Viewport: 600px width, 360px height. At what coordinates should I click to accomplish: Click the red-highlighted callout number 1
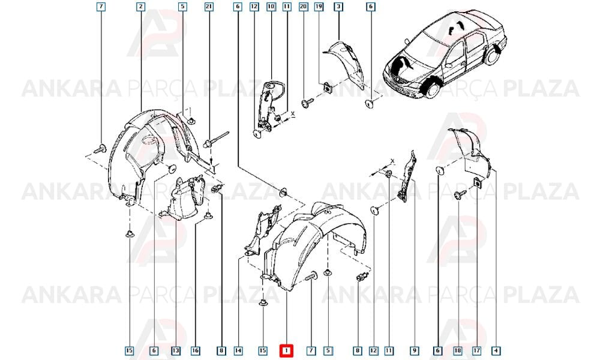(x=286, y=350)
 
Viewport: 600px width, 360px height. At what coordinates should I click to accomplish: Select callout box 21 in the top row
(x=209, y=7)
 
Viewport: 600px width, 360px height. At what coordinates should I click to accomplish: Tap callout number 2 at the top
(x=141, y=7)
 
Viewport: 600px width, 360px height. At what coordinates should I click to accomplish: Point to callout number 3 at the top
(x=338, y=7)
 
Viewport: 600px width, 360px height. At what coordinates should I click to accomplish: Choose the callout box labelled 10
(x=271, y=7)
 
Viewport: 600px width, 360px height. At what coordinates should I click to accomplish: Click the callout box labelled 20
(x=304, y=7)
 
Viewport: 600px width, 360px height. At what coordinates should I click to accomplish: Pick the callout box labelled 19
(x=319, y=7)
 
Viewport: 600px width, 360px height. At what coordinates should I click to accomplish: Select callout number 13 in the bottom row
(x=176, y=350)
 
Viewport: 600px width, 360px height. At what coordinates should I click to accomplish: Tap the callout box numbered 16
(x=195, y=350)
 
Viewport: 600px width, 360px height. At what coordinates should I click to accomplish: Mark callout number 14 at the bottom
(x=238, y=350)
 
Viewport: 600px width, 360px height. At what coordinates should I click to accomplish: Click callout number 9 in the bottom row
(x=414, y=350)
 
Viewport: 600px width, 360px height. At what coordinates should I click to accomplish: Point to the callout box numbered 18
(x=458, y=350)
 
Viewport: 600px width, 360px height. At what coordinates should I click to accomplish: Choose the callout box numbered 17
(x=477, y=350)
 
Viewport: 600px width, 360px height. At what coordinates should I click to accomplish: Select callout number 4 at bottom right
(x=496, y=350)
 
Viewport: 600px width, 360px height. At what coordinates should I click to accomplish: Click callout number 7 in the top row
(x=101, y=7)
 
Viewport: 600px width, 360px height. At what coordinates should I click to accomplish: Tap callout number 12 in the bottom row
(x=373, y=350)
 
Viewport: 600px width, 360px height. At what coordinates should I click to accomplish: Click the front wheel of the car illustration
(x=432, y=88)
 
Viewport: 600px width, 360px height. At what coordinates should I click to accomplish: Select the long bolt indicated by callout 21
(x=216, y=139)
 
